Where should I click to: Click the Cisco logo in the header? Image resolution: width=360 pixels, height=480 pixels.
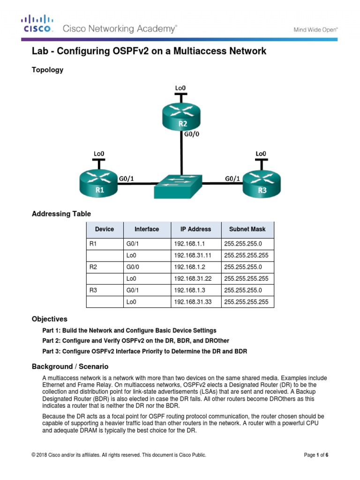37,24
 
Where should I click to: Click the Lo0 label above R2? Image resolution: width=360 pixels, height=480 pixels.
180,88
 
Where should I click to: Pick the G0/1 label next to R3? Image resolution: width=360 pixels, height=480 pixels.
232,178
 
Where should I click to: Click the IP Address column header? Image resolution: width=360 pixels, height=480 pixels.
195,229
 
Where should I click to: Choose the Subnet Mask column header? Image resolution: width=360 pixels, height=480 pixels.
247,229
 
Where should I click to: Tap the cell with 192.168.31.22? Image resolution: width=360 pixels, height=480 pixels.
190,279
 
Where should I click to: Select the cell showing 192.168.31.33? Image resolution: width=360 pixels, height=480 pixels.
190,302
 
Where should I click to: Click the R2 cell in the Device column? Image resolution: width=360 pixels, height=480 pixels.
93,267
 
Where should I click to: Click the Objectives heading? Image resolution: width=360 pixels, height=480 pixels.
49,319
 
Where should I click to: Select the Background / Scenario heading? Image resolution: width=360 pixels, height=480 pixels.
70,366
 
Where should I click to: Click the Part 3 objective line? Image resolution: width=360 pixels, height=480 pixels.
144,351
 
